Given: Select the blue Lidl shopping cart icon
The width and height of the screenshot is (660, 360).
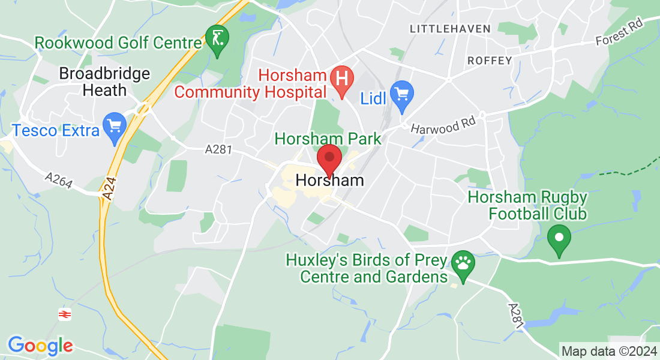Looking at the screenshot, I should (x=402, y=95).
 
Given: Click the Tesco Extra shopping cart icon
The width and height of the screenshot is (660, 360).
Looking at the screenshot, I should (x=114, y=126).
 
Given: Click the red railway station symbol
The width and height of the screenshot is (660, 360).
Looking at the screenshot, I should (x=64, y=314).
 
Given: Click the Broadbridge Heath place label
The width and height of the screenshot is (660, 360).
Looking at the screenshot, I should (x=105, y=82).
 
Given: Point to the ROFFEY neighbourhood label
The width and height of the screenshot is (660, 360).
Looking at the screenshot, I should (x=489, y=61).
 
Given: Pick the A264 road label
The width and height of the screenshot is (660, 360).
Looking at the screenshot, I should (x=59, y=180).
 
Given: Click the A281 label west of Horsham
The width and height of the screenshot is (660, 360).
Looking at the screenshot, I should (x=218, y=150).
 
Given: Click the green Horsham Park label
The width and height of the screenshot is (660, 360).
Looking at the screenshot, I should (x=328, y=139).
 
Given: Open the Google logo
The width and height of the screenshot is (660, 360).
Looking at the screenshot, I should (x=40, y=346).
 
